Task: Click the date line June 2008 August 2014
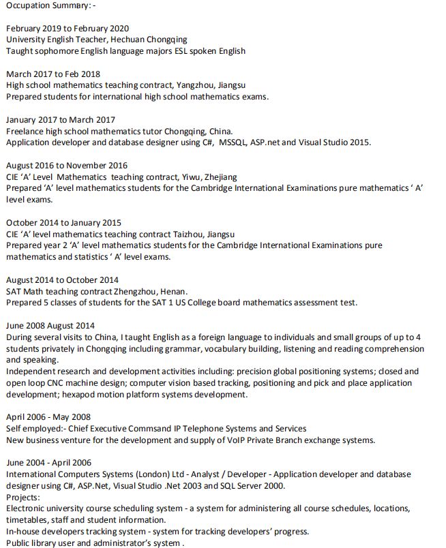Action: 50,326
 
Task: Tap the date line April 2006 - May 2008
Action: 48,417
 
